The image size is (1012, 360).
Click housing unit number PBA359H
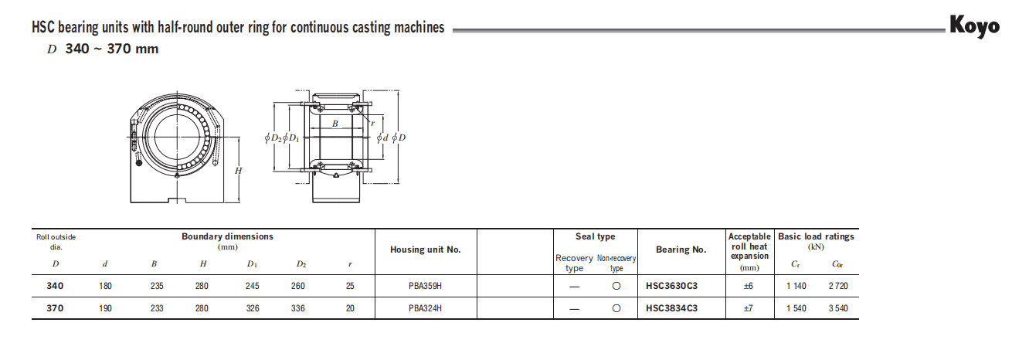tap(426, 286)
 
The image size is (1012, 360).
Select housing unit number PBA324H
tap(426, 308)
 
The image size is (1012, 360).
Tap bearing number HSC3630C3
tap(671, 286)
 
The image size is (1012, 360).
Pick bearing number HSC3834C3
tap(671, 308)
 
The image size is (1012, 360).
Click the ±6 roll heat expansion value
tap(749, 286)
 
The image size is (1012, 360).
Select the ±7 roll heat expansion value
tap(749, 308)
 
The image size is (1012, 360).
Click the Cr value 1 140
tap(796, 286)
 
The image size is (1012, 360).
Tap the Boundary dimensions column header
tap(227, 237)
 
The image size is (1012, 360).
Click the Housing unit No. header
tap(426, 250)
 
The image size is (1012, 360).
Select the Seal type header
tap(596, 237)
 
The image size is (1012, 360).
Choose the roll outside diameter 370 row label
tap(55, 308)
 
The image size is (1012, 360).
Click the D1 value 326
tap(252, 308)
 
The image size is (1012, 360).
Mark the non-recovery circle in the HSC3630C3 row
tap(616, 286)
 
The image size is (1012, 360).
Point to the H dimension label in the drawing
tap(239, 170)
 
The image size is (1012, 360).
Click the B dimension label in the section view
tap(335, 124)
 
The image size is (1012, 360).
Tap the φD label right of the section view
tap(399, 138)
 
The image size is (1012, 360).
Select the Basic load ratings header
tap(816, 237)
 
